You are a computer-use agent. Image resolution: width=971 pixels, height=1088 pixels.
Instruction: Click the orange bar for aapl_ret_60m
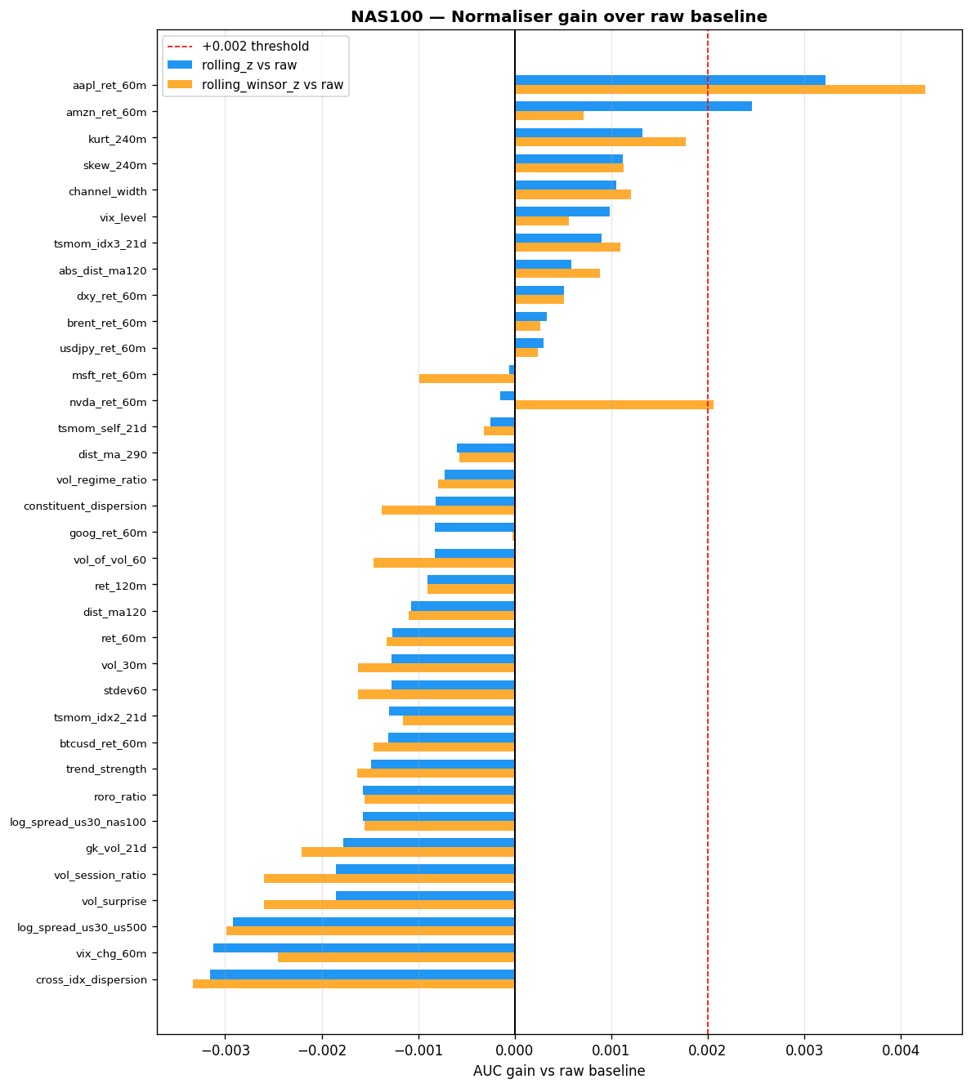[719, 89]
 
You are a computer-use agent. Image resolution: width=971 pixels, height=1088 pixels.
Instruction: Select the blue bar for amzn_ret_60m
[633, 106]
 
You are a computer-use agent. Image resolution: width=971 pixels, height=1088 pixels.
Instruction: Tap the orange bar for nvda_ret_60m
[614, 405]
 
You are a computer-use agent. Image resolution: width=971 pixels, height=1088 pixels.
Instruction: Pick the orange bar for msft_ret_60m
[467, 379]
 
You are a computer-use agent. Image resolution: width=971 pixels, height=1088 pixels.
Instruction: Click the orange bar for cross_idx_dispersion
[354, 984]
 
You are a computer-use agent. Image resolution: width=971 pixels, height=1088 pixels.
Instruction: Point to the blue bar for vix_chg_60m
[364, 948]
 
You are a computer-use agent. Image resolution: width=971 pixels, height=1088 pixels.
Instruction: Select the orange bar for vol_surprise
[389, 905]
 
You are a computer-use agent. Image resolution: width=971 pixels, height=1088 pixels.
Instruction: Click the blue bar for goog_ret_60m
[475, 528]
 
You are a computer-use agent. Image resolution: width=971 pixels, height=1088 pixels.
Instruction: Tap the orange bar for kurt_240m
[600, 142]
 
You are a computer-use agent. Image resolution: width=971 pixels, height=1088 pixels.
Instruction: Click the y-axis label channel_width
[108, 192]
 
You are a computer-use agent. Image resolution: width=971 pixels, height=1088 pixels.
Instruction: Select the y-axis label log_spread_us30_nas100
[78, 823]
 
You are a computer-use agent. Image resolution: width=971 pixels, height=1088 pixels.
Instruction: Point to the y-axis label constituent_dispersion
[85, 506]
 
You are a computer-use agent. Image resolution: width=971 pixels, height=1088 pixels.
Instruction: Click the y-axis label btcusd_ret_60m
[103, 743]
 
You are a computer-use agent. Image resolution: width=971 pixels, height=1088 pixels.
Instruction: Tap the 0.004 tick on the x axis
[901, 1049]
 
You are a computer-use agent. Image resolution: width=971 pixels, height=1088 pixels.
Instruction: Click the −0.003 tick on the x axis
[225, 1049]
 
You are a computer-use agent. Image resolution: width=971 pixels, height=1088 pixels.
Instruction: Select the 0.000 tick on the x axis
[515, 1049]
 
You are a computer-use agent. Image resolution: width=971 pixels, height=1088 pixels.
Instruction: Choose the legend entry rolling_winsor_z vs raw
[272, 85]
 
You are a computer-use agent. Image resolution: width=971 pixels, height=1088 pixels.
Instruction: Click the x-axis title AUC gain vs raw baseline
[559, 1071]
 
